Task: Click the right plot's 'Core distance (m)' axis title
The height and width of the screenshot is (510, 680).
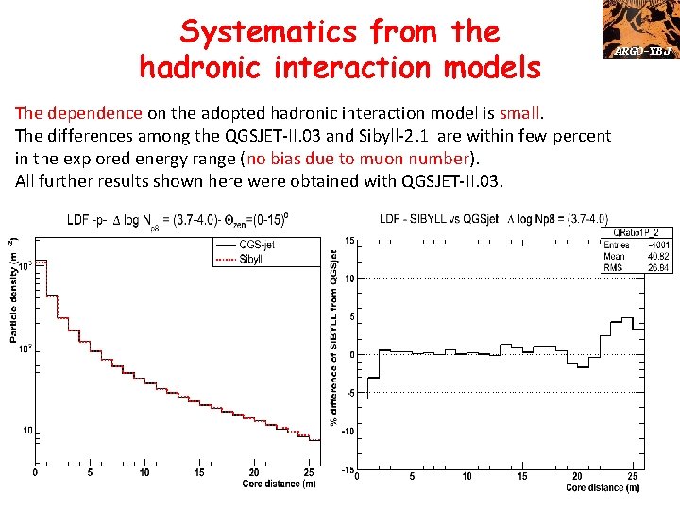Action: (603, 488)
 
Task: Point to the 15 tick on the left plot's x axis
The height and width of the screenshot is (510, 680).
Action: (199, 473)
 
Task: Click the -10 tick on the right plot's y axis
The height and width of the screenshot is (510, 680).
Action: (347, 432)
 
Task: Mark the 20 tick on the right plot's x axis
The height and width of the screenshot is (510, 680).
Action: (577, 476)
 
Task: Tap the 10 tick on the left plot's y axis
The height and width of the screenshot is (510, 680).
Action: (27, 431)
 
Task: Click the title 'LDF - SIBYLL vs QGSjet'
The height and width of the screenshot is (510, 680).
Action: (442, 219)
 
